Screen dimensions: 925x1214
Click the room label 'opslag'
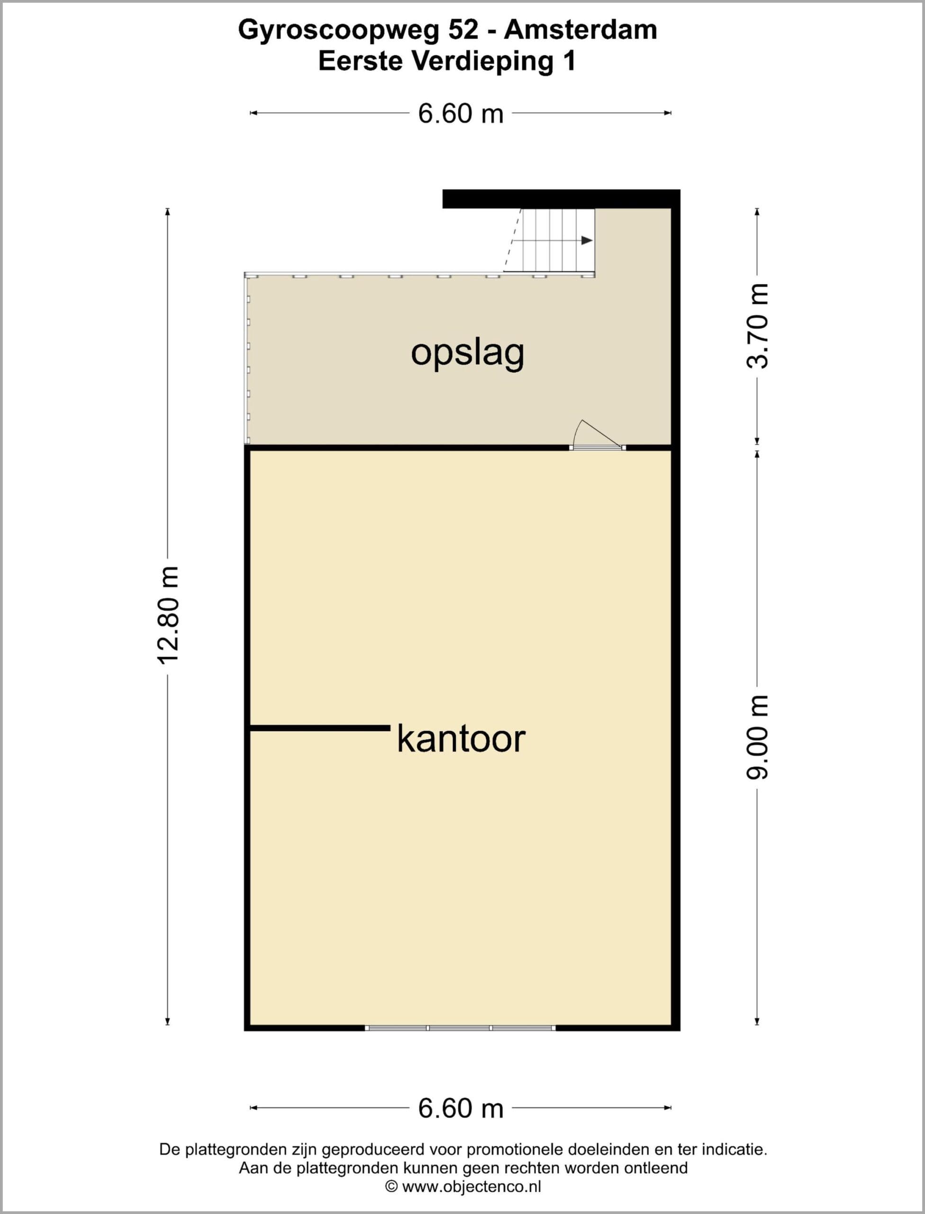(467, 353)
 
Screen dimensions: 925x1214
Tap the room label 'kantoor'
(461, 739)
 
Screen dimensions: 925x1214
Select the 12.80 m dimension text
(168, 615)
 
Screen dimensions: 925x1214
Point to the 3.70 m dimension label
(757, 326)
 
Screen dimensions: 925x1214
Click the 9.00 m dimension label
(757, 737)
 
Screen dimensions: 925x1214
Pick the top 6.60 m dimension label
(461, 113)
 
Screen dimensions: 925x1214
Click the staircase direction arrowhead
(587, 240)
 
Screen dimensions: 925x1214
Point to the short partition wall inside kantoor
(320, 728)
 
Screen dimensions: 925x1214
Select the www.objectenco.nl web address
(472, 1186)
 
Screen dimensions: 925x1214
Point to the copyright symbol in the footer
(391, 1186)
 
